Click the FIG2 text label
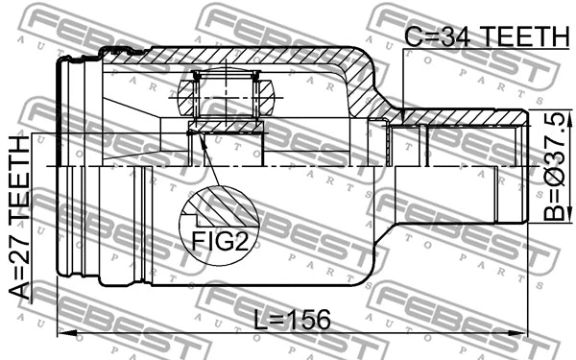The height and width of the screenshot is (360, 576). [219, 241]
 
